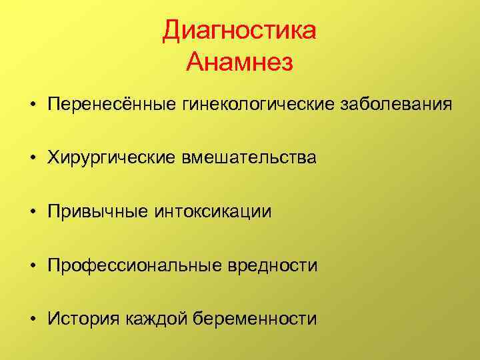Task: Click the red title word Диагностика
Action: (x=239, y=32)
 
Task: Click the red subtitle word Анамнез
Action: (x=239, y=63)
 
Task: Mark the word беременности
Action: (x=255, y=319)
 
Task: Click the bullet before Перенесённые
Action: (x=31, y=106)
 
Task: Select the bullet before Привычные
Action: (x=31, y=213)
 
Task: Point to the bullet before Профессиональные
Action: (x=31, y=266)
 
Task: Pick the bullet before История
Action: (x=31, y=319)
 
